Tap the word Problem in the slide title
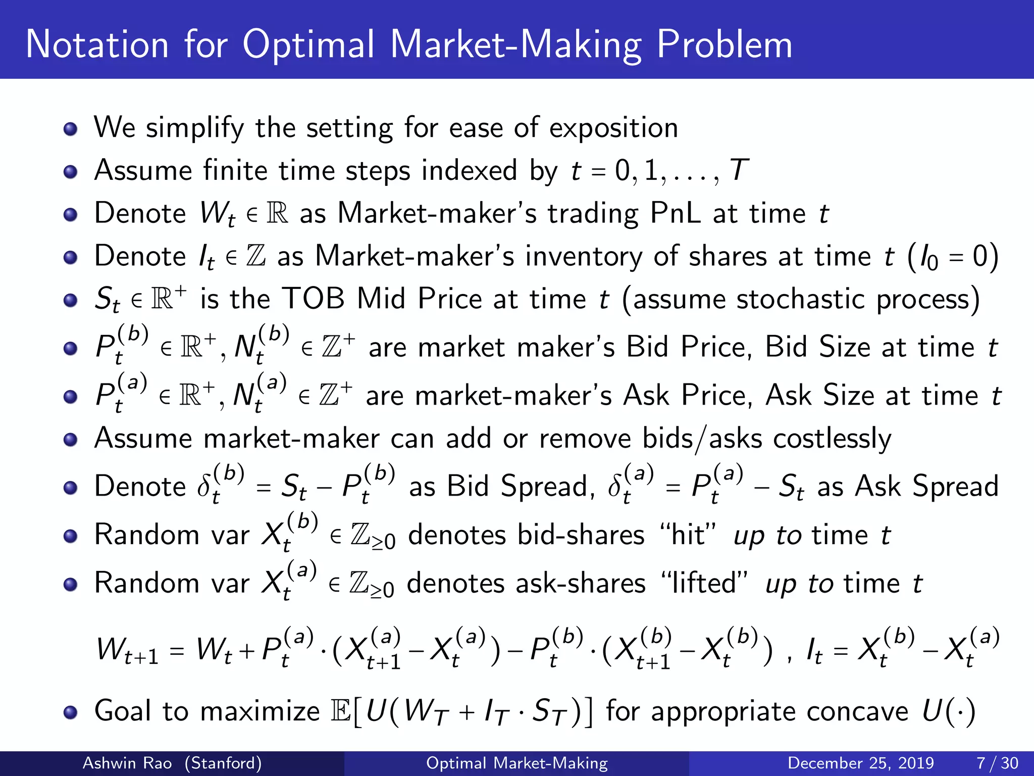tap(725, 45)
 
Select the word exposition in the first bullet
tap(613, 128)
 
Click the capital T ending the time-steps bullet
tap(739, 170)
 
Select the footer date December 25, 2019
tap(860, 763)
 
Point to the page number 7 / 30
tap(997, 763)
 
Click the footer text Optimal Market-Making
tap(517, 763)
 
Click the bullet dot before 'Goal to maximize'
tap(71, 712)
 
